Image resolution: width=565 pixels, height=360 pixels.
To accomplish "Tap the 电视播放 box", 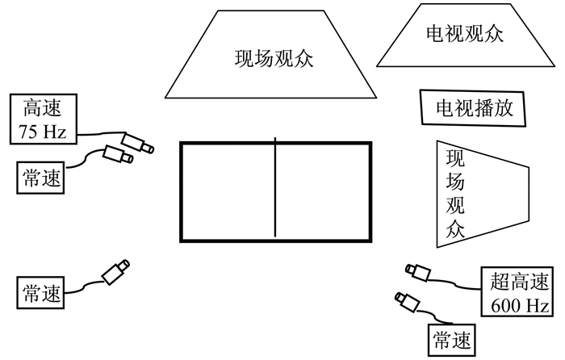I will [x=473, y=107].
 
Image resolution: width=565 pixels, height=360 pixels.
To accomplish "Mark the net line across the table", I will [x=275, y=191].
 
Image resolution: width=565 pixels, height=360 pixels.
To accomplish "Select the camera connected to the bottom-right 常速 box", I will [x=408, y=302].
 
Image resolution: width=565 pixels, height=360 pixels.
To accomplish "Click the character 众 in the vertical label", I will [x=454, y=230].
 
